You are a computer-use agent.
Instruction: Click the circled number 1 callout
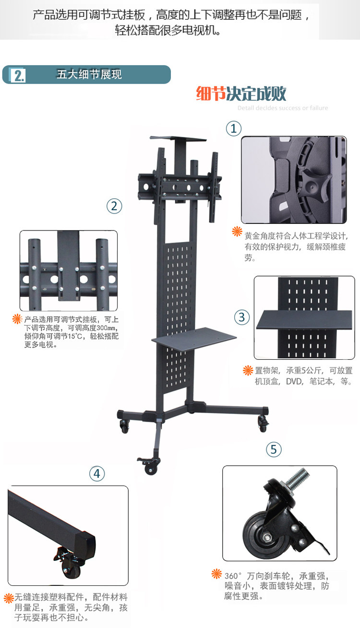click(233, 128)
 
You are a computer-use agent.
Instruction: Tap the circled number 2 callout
click(114, 206)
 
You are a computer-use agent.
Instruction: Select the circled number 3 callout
click(242, 317)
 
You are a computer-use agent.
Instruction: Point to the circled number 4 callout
click(97, 474)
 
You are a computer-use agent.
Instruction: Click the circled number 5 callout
click(274, 449)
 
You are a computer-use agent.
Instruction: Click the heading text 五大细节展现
click(89, 75)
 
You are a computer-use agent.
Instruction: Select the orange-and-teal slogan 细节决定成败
click(241, 94)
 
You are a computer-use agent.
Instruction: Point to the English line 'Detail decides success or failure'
click(283, 108)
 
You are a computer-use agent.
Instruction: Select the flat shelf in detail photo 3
click(304, 319)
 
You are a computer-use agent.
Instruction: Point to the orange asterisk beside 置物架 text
click(248, 370)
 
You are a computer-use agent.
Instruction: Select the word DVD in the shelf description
click(295, 382)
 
